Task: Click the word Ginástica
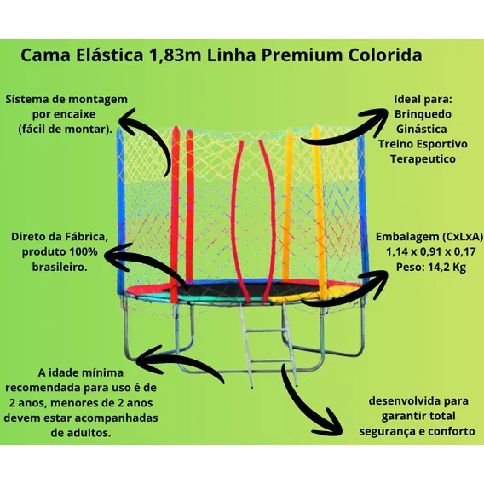click(x=421, y=129)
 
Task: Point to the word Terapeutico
click(x=423, y=159)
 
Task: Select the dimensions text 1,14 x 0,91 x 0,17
click(x=431, y=252)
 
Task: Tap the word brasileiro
click(x=60, y=267)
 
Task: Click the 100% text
click(x=83, y=251)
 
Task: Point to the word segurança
click(x=388, y=431)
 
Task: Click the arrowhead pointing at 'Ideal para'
click(x=375, y=118)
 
